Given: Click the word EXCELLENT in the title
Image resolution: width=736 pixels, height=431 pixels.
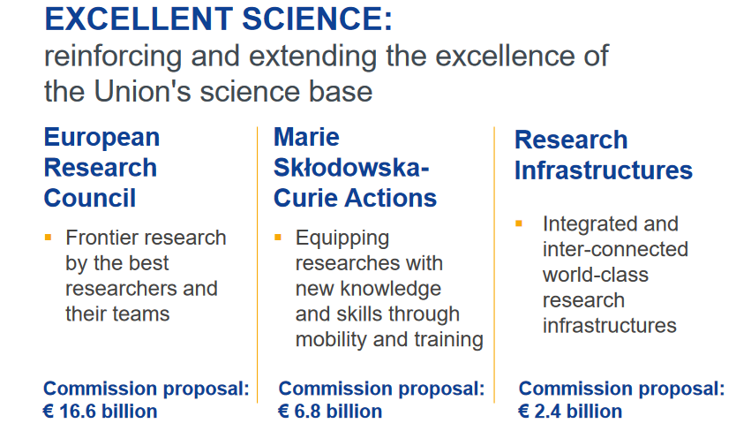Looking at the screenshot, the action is (x=139, y=19).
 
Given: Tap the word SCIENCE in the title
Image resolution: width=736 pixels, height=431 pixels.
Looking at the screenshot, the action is (x=318, y=19).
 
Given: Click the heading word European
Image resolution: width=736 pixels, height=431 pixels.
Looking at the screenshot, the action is (x=101, y=138).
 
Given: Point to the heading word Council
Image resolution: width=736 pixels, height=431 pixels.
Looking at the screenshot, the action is (x=90, y=198).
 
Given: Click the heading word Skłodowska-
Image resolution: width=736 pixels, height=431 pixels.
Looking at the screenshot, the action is (x=351, y=167).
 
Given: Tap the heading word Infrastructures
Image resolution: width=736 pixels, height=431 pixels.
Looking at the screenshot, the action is (x=604, y=170).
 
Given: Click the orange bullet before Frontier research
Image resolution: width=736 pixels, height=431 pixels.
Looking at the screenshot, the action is (x=48, y=238).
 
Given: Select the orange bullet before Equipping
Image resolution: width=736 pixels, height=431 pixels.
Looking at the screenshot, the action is (x=278, y=238).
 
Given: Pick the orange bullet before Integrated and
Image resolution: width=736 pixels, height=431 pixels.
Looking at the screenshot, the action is (x=519, y=223).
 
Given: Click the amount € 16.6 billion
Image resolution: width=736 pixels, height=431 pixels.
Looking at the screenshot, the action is (x=100, y=412).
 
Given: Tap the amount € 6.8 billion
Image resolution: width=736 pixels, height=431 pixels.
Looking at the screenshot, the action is (x=330, y=412).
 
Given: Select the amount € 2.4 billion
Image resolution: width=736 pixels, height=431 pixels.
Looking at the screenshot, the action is (x=570, y=412).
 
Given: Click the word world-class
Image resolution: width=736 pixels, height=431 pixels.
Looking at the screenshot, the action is (x=596, y=275).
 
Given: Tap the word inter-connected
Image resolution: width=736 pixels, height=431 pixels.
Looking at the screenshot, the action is (x=615, y=249).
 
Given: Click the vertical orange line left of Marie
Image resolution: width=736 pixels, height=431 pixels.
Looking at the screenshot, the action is (x=257, y=265).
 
